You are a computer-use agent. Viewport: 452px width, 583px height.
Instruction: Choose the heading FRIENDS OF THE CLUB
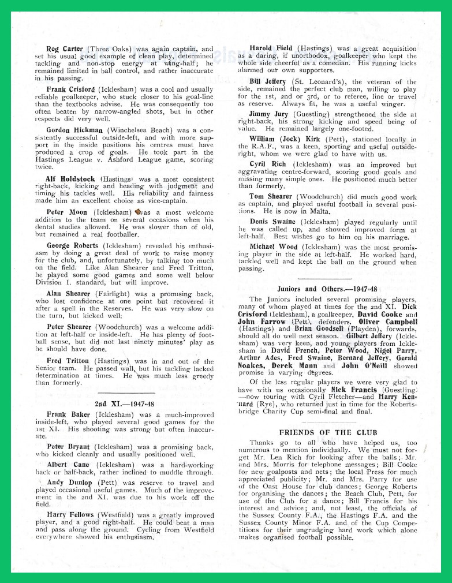coord(328,432)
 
